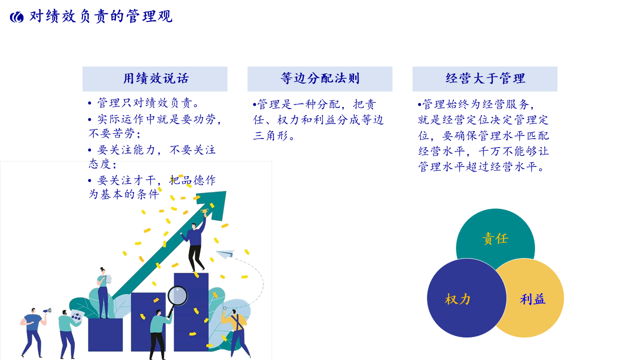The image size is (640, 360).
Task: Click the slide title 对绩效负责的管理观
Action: pyautogui.click(x=101, y=16)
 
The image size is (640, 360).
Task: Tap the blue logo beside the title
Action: pyautogui.click(x=17, y=17)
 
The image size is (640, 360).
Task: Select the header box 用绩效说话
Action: pyautogui.click(x=155, y=79)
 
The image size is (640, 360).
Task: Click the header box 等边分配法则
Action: pyautogui.click(x=319, y=79)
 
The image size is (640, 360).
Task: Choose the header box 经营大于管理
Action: pyautogui.click(x=485, y=79)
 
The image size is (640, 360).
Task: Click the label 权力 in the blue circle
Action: pyautogui.click(x=457, y=299)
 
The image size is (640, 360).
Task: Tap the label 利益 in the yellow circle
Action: pyautogui.click(x=532, y=299)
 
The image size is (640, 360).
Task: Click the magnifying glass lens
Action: pyautogui.click(x=177, y=296)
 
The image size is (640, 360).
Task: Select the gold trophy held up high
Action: pyautogui.click(x=204, y=212)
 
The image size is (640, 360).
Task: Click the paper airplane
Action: pyautogui.click(x=225, y=253)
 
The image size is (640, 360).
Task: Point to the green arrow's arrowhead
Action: pyautogui.click(x=213, y=204)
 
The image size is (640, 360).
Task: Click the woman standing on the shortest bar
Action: pyautogui.click(x=103, y=293)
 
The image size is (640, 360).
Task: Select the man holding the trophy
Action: pyautogui.click(x=195, y=244)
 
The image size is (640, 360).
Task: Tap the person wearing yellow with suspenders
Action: pyautogui.click(x=235, y=333)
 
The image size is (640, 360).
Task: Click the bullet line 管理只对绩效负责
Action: pyautogui.click(x=144, y=103)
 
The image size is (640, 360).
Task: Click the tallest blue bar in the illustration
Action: pyautogui.click(x=191, y=312)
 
